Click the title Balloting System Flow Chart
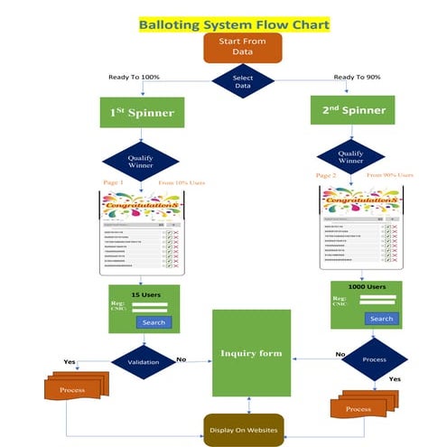coord(234,24)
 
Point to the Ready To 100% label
coord(135,77)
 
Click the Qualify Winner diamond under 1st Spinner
coord(142,159)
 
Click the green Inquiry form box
coord(252,352)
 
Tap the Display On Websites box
coord(244,428)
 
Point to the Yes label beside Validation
coord(70,361)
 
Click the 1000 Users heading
coord(368,286)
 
